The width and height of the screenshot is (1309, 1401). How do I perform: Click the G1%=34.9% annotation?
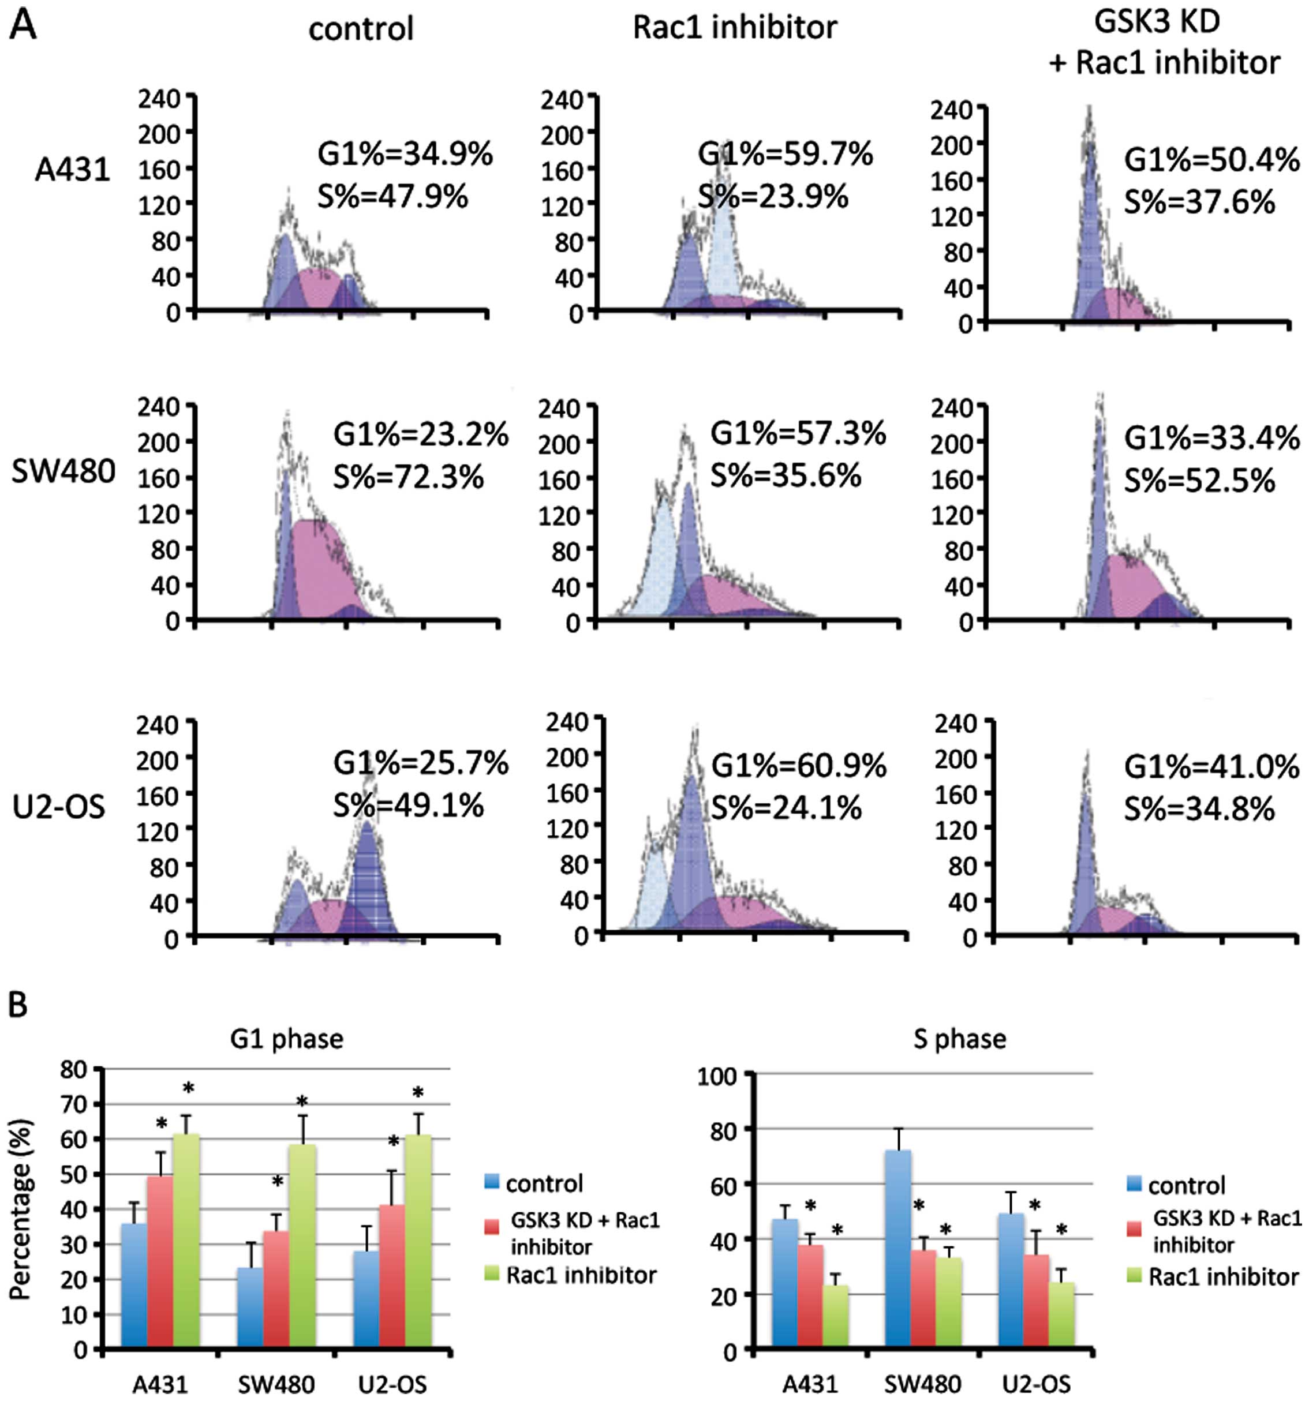tap(405, 154)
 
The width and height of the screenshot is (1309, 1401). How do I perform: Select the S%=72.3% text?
tap(408, 477)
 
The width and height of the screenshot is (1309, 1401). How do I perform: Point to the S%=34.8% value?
tap(1199, 809)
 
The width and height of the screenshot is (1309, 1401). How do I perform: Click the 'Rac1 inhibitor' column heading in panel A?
tap(735, 28)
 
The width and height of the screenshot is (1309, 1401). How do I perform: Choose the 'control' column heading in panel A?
tap(361, 29)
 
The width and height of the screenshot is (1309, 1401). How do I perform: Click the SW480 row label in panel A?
tap(63, 471)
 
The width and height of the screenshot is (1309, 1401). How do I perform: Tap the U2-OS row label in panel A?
tap(59, 806)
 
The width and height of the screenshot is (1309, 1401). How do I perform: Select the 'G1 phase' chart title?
tap(287, 1039)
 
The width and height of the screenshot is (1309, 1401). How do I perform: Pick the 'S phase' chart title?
tap(959, 1039)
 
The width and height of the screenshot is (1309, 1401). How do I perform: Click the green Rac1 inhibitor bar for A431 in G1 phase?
tap(186, 1242)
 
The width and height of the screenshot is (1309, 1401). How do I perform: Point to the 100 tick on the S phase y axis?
tap(716, 1076)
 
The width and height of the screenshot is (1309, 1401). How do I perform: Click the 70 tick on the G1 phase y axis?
tap(76, 1104)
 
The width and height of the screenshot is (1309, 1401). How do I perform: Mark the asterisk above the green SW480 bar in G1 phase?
tap(302, 1102)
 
